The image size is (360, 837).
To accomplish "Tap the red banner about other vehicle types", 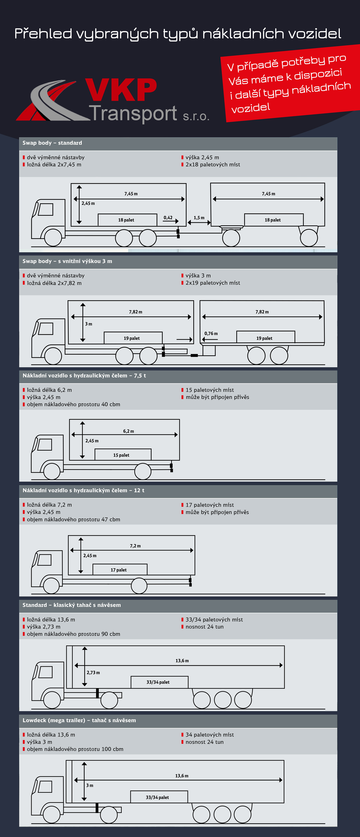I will point(289,84).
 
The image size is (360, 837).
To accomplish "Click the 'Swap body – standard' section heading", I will point(52,143).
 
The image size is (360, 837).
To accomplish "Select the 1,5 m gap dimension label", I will point(199,218).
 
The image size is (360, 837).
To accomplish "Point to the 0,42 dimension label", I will point(168,218).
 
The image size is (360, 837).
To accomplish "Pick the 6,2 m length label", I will point(128,431).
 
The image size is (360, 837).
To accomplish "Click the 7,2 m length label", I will point(135,546).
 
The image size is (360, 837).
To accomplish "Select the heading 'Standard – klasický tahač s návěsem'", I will point(71,605).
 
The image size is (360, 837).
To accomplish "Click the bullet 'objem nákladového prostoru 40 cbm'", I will point(73,404).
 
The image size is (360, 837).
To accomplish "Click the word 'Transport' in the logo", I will point(133,114).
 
